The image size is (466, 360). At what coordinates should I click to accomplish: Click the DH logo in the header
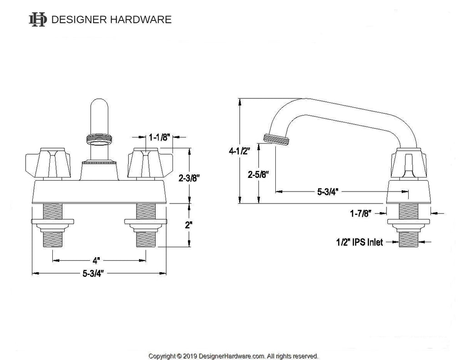point(37,20)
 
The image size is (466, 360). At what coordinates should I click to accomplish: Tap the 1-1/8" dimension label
point(160,137)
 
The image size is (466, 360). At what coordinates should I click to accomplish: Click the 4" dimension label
point(96,261)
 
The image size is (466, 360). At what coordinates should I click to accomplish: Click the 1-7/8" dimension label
point(361,212)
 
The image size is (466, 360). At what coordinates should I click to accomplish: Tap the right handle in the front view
point(144,163)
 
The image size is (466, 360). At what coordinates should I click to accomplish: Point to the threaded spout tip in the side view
point(277,139)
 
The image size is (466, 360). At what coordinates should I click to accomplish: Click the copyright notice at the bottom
point(233,355)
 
